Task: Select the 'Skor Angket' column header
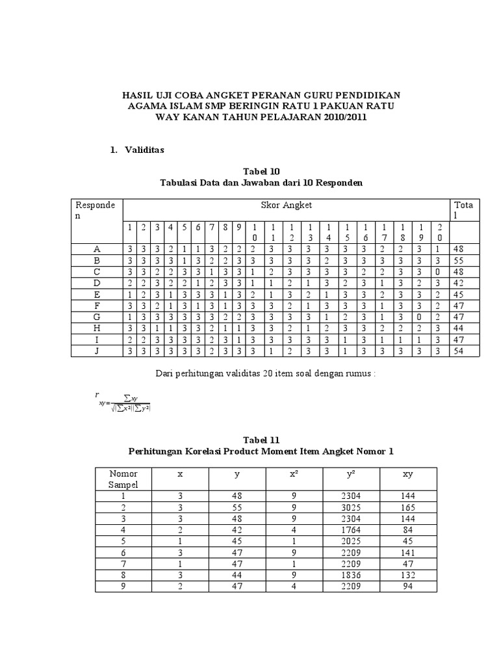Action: coord(286,205)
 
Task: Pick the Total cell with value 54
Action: coord(460,351)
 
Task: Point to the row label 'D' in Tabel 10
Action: coord(97,284)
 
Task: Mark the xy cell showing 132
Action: coord(407,575)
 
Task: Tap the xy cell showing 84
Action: coord(407,529)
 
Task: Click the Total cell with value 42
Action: coord(460,284)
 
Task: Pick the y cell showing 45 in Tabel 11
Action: coord(237,540)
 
